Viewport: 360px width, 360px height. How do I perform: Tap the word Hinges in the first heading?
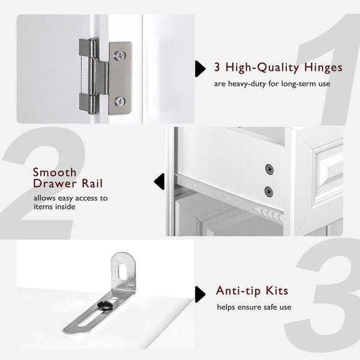pos(321,67)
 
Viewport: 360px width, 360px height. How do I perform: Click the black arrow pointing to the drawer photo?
pos(159,181)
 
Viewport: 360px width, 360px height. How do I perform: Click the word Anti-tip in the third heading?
pos(238,292)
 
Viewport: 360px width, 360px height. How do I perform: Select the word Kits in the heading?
pos(275,292)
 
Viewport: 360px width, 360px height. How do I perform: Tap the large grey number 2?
pos(42,180)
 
